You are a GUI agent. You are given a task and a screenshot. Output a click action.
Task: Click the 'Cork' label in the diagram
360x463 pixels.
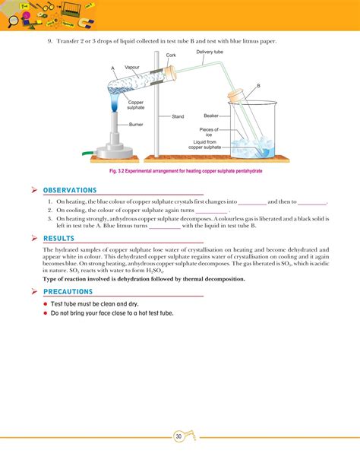click(172, 55)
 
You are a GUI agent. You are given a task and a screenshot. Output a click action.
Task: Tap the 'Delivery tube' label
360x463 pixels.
click(210, 52)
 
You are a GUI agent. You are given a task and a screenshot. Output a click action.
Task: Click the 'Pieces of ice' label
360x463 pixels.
click(210, 132)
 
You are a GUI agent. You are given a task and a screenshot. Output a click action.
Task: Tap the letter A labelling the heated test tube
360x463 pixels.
click(112, 68)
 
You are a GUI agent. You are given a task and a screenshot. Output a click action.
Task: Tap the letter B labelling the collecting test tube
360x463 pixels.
click(257, 86)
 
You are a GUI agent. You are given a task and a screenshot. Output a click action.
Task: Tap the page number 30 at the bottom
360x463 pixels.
click(178, 436)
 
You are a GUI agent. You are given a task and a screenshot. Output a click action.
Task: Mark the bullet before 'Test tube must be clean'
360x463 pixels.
click(46, 303)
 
